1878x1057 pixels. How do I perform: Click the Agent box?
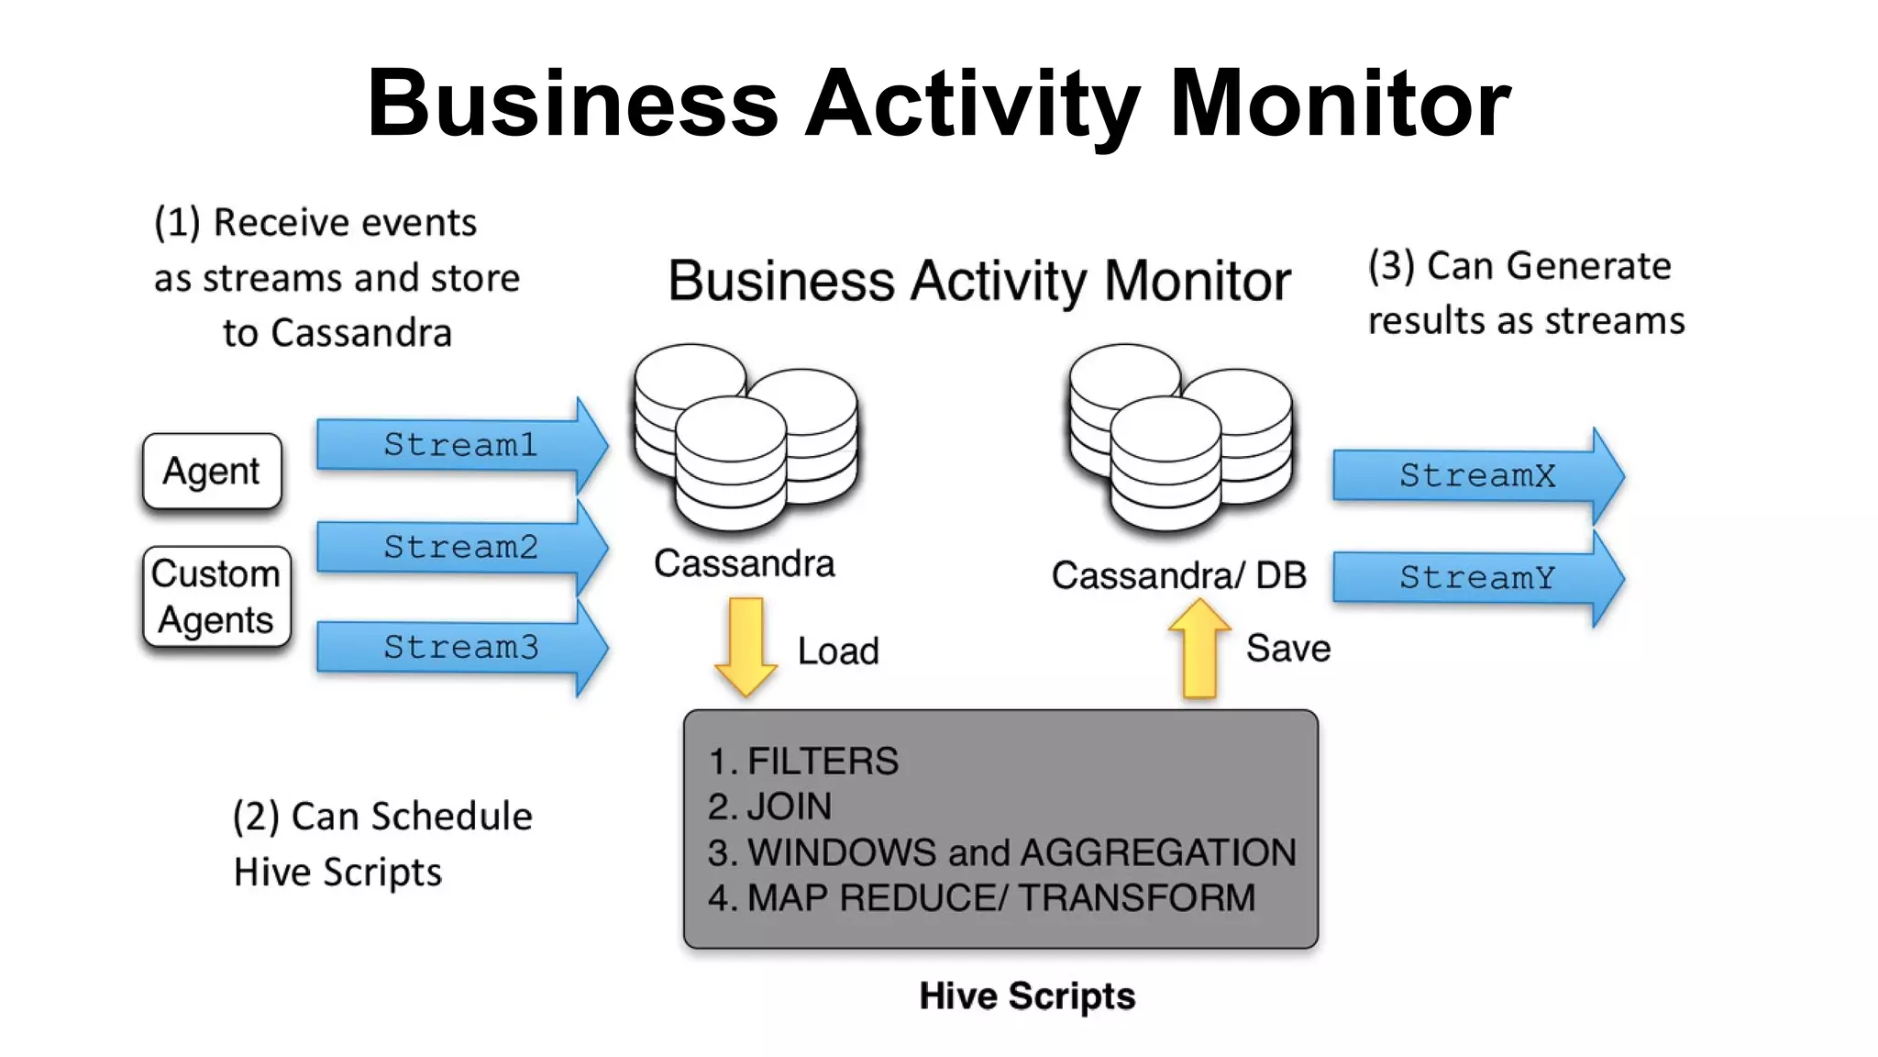pyautogui.click(x=212, y=471)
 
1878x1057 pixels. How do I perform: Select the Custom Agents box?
pyautogui.click(x=216, y=596)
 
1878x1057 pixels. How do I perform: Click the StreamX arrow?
pyautogui.click(x=1476, y=475)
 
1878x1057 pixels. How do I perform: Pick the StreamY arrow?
pyautogui.click(x=1476, y=577)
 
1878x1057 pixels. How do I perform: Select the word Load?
pyautogui.click(x=838, y=651)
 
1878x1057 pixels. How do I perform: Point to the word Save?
pyautogui.click(x=1287, y=648)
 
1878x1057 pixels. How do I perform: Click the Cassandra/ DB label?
pyautogui.click(x=1178, y=575)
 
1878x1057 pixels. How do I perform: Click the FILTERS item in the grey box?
pyautogui.click(x=823, y=762)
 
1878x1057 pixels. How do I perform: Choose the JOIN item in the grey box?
pyautogui.click(x=789, y=807)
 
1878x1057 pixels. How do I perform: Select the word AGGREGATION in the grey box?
pyautogui.click(x=1158, y=852)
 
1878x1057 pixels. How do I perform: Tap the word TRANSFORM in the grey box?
pyautogui.click(x=1136, y=897)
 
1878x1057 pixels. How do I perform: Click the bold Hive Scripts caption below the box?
pyautogui.click(x=1027, y=996)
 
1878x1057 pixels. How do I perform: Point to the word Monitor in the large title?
pyautogui.click(x=1340, y=103)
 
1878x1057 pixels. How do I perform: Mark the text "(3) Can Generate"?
pyautogui.click(x=1519, y=266)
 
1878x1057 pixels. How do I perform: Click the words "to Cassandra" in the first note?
pyautogui.click(x=337, y=332)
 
